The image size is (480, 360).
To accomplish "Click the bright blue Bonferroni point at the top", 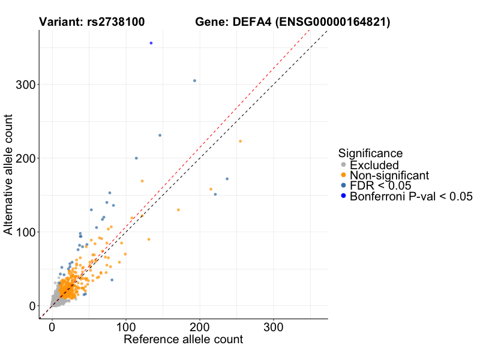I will [151, 43].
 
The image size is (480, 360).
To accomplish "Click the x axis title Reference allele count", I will [183, 340].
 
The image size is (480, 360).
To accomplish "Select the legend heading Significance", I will [370, 153].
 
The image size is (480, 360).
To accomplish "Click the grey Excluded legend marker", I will [343, 165].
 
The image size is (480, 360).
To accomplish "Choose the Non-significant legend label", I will [389, 175].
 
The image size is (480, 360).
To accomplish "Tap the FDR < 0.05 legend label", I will [382, 186].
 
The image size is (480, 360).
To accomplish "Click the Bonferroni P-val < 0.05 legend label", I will [412, 196].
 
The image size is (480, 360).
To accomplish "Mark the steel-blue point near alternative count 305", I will [194, 80].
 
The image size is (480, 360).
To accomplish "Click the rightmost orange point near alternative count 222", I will [241, 141].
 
